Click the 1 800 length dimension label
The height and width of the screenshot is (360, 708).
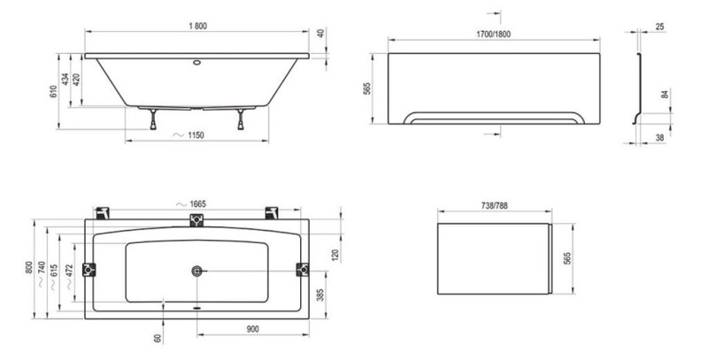pyautogui.click(x=197, y=27)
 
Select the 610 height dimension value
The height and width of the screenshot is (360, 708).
pyautogui.click(x=54, y=92)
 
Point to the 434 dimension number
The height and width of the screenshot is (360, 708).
pyautogui.click(x=65, y=80)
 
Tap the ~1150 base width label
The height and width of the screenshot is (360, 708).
pyautogui.click(x=189, y=134)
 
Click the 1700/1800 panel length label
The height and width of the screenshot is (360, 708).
pyautogui.click(x=493, y=34)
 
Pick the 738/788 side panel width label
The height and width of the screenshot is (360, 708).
pyautogui.click(x=495, y=205)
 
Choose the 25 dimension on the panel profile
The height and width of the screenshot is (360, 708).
pyautogui.click(x=659, y=27)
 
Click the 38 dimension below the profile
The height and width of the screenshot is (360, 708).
pyautogui.click(x=659, y=138)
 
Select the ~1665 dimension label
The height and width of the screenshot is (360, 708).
pyautogui.click(x=191, y=204)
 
